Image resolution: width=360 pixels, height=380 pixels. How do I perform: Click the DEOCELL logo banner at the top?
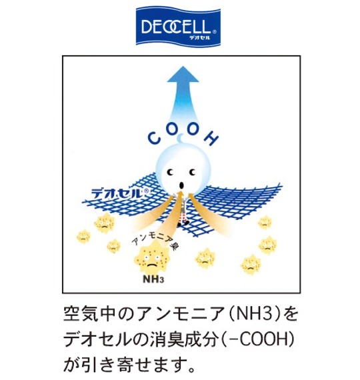tap(178, 26)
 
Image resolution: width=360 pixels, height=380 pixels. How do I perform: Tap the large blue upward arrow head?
tap(183, 75)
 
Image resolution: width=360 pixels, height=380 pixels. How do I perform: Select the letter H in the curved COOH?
tap(211, 138)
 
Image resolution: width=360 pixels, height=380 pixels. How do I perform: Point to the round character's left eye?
tap(171, 172)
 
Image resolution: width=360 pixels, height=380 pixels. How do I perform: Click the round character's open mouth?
tap(181, 185)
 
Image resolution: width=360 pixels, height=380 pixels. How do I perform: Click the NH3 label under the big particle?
tap(153, 279)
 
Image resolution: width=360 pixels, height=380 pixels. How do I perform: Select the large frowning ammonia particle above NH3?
tap(151, 259)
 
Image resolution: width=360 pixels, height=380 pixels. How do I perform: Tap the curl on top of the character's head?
tap(181, 139)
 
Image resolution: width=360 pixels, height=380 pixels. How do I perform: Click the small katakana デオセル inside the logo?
tap(200, 37)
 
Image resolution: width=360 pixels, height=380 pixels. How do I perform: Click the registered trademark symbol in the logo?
tap(214, 31)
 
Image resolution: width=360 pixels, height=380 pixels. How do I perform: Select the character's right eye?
tap(192, 172)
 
